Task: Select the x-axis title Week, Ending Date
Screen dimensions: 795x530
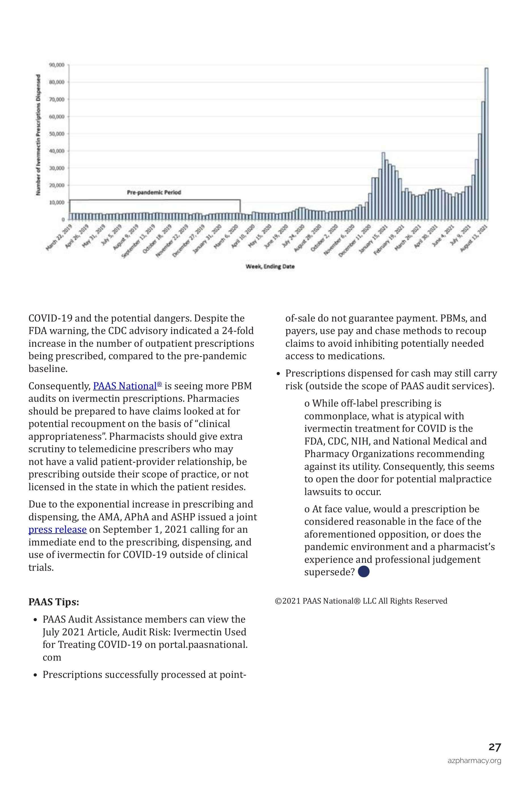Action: coord(270,267)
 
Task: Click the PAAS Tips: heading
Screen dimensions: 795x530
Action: coord(54,602)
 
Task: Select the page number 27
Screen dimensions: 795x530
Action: coord(495,747)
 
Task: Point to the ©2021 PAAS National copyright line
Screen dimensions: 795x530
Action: coord(361,601)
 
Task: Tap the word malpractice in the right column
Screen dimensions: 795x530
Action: coord(462,479)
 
